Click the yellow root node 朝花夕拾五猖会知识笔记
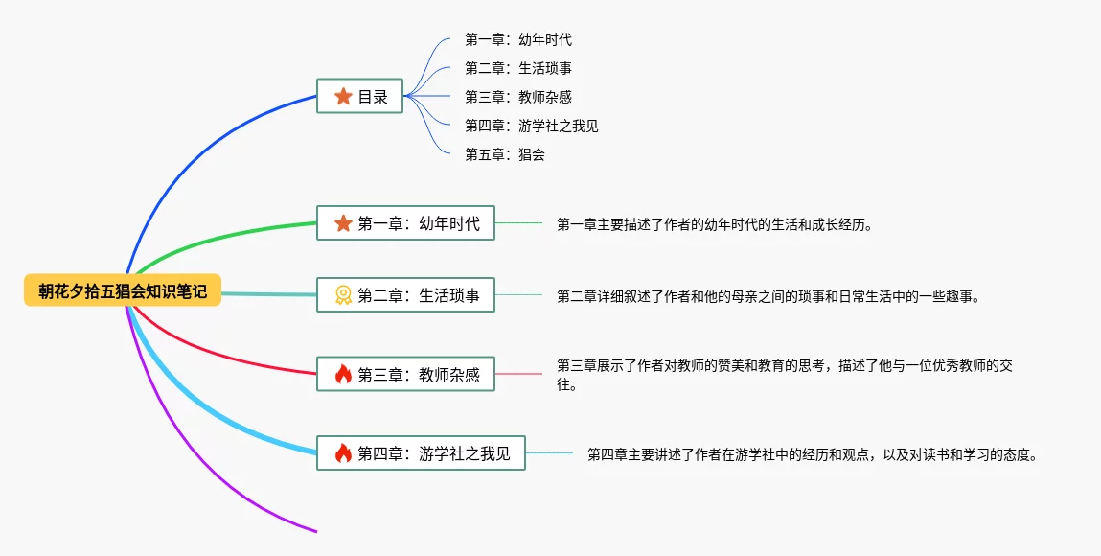click(x=123, y=290)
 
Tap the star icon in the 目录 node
click(x=343, y=97)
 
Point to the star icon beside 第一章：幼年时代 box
click(x=343, y=224)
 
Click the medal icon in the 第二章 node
click(x=343, y=295)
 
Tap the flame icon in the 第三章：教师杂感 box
click(x=343, y=374)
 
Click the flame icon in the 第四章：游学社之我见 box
click(x=343, y=453)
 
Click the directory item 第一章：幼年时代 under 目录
click(x=518, y=39)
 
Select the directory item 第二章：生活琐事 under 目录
click(x=518, y=68)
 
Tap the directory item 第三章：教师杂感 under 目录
click(x=518, y=97)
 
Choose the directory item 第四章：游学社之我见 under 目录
click(x=532, y=126)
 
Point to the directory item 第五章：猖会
click(x=505, y=154)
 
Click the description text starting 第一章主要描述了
click(x=715, y=224)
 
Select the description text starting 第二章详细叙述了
click(x=768, y=296)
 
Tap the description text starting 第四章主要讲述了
click(x=813, y=454)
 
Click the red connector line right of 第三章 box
click(x=518, y=374)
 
